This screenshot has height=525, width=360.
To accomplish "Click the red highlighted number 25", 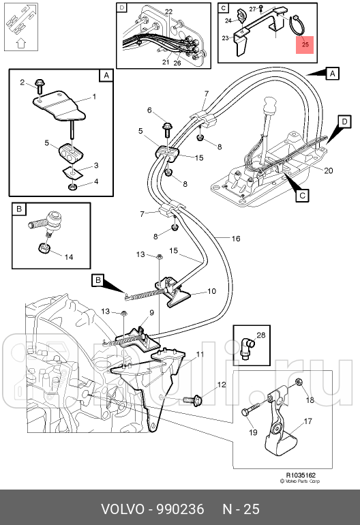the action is pos(305,44).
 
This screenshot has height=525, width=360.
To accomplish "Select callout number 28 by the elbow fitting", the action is pos(260,335).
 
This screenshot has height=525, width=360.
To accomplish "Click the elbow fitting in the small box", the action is pos(247,348).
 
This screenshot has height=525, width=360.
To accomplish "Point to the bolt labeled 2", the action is pos(40,86).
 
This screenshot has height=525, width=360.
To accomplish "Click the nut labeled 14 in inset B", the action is pos(44,248).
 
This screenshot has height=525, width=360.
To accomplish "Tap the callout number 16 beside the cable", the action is pos(236,239).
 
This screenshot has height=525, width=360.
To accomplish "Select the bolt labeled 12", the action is pos(192,400).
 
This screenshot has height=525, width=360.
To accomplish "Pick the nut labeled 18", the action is pos(299,382).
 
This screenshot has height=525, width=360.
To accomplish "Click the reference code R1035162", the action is pos(301,475).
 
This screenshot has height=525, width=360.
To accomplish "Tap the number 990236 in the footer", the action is pos(181,509).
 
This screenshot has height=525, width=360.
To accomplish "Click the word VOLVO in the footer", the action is pos(123,509).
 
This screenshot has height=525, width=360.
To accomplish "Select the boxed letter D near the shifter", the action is pos(344,121).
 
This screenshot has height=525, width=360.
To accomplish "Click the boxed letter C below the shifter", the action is pos(302,195).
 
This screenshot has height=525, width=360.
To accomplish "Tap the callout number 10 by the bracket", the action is pos(211,291).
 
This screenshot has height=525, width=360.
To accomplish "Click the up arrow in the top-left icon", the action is pos(20,43).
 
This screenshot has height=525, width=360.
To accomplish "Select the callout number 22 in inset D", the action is pos(169,12).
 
